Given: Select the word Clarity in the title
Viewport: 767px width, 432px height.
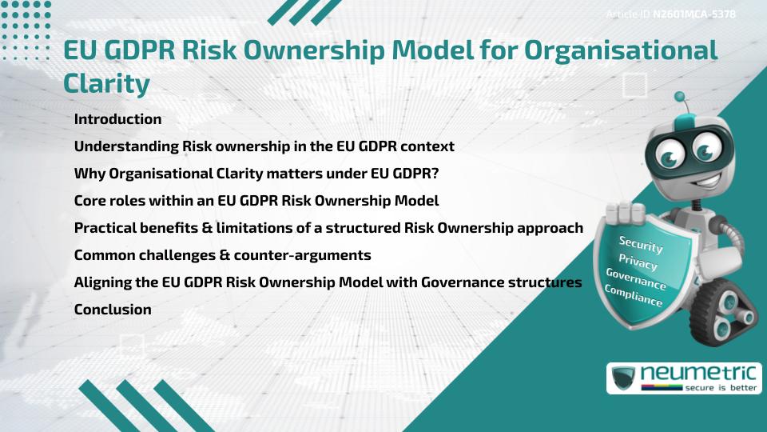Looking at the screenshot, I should (x=107, y=82).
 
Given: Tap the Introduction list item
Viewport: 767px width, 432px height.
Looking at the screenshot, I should (x=117, y=119).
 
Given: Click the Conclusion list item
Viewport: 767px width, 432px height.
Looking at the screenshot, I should (x=113, y=309).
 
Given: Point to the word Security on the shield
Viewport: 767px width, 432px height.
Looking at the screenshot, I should (x=641, y=245).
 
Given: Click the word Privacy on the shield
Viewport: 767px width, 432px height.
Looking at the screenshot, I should (x=638, y=262).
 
